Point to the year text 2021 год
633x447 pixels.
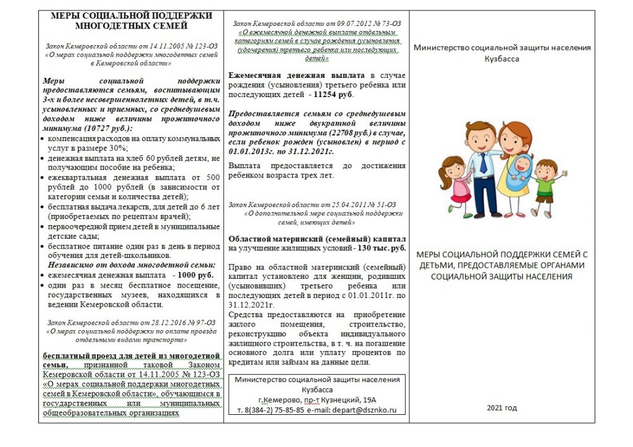501,408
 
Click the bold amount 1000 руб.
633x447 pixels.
195,275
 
